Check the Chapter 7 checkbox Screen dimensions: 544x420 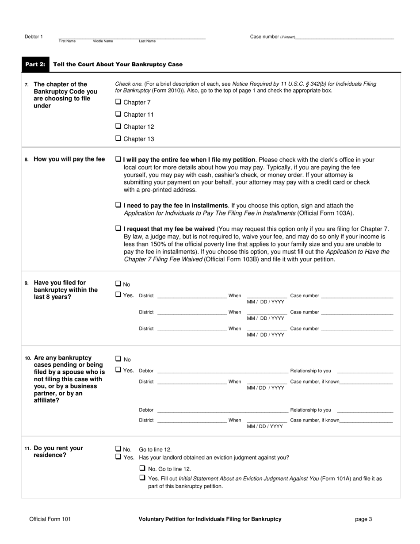point(118,102)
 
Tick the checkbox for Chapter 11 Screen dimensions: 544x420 point(118,114)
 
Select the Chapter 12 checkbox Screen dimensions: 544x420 point(118,126)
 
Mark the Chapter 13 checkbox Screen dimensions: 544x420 point(118,138)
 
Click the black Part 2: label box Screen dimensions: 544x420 point(35,65)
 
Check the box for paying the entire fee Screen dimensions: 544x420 point(118,159)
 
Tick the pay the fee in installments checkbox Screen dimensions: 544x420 point(118,205)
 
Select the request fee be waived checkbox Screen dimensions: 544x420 point(118,229)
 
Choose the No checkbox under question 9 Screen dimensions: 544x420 point(118,284)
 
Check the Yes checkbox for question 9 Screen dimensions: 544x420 point(118,295)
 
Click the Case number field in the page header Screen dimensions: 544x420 point(344,37)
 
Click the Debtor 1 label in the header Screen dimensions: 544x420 point(34,37)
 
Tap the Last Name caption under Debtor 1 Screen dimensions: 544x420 point(147,41)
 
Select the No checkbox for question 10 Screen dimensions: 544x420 point(118,359)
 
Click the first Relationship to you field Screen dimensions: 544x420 point(365,371)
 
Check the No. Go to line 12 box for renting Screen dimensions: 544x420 point(118,448)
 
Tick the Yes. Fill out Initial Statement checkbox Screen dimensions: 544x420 point(142,478)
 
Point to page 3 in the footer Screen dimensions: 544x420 point(363,519)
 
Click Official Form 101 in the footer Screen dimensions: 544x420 point(50,519)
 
